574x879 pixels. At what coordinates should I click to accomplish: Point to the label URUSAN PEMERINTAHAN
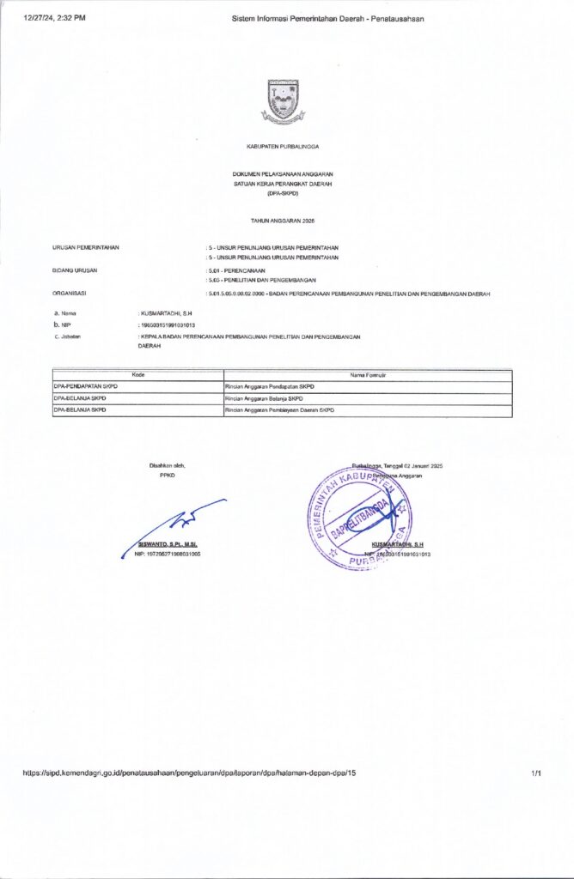coord(85,247)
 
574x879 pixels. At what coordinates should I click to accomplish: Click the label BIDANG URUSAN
coord(75,270)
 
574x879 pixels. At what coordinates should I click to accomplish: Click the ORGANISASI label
coord(70,294)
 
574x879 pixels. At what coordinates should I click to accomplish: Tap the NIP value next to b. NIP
coord(168,325)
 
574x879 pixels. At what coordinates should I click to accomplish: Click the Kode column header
coord(137,375)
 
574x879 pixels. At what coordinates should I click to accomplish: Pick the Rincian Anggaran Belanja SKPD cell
coord(264,398)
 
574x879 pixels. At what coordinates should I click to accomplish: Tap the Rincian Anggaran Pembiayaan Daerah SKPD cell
coord(279,410)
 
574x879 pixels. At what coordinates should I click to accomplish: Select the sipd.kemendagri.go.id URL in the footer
coord(189,773)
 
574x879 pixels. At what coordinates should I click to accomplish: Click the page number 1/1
coord(536,773)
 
